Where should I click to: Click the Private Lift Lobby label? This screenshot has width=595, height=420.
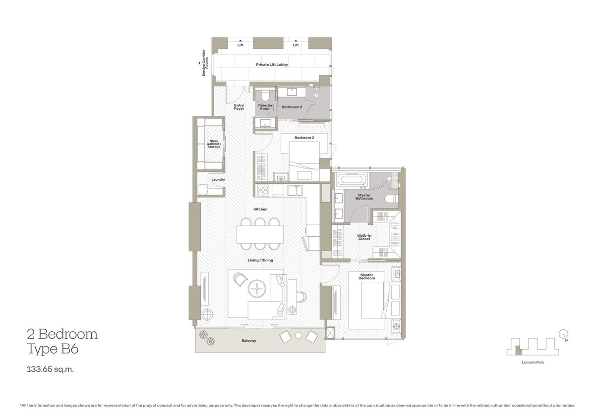coord(272,65)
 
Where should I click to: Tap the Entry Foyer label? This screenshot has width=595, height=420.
coord(239,107)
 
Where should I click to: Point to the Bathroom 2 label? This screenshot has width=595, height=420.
coord(291,107)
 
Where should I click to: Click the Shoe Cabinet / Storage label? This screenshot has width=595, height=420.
coord(214,144)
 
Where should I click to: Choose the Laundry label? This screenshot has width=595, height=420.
coord(218,179)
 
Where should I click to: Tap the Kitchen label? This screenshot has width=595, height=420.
coord(260,210)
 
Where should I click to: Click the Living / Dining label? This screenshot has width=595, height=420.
coord(260,260)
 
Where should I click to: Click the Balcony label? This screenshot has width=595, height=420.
coord(249,341)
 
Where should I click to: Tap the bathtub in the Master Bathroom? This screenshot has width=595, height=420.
coord(352,179)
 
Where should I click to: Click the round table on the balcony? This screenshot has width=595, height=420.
coord(298,335)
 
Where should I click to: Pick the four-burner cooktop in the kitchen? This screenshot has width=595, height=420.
coord(263,190)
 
